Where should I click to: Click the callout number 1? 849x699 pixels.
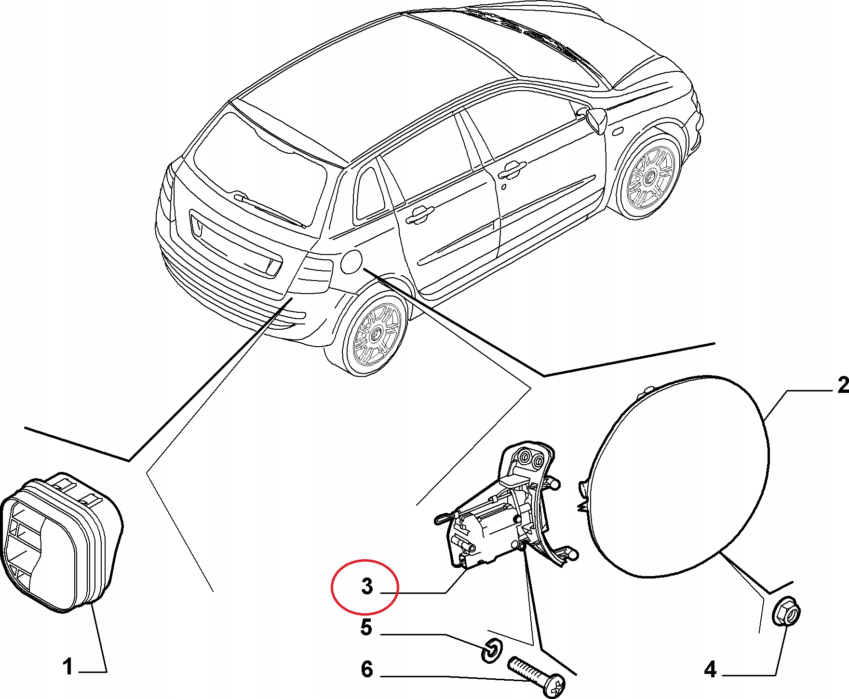[x=68, y=667]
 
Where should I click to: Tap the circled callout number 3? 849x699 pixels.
[x=367, y=587]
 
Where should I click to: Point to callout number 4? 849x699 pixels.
[x=710, y=670]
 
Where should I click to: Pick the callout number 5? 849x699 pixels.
[x=366, y=628]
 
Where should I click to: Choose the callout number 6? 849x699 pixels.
[x=367, y=670]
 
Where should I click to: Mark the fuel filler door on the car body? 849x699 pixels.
[x=351, y=262]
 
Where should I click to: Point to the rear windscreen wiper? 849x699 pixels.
[x=270, y=209]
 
